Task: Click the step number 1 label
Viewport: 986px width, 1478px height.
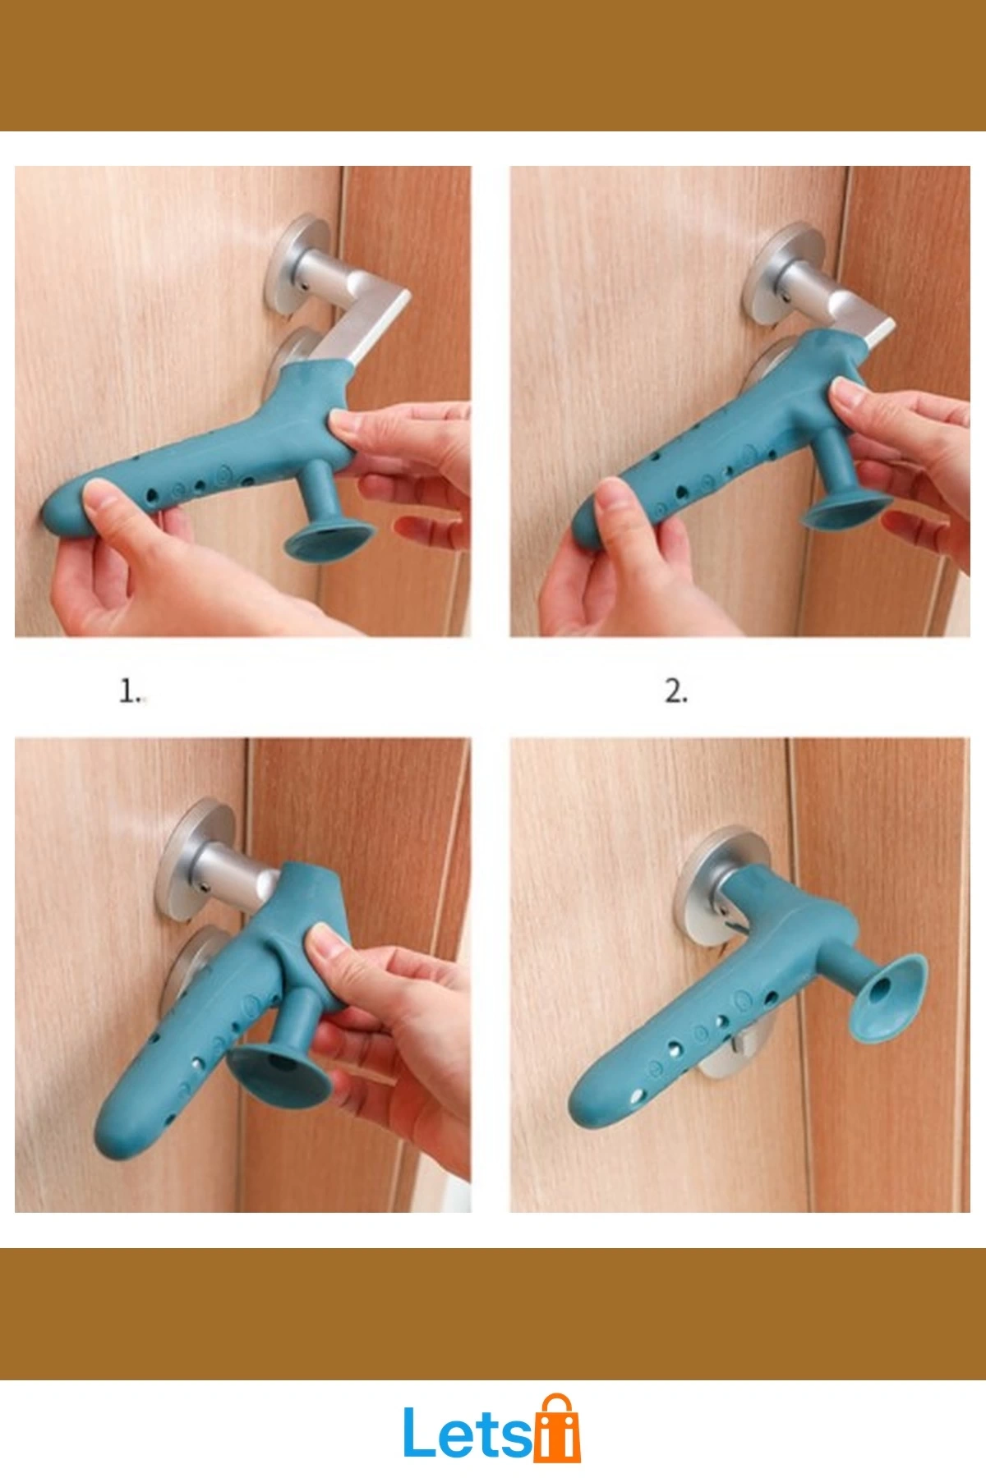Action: (131, 691)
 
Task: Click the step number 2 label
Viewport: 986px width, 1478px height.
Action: (676, 691)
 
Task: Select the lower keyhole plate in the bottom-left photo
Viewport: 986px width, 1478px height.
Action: (193, 961)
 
